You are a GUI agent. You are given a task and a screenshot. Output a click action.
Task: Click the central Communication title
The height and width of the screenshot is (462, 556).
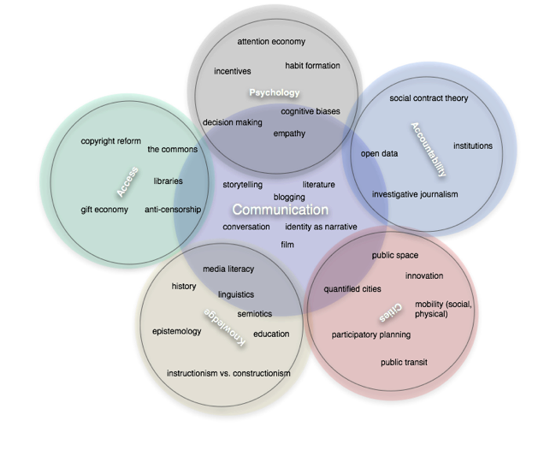point(280,210)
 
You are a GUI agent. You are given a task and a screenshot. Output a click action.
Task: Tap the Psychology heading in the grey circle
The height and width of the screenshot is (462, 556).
point(275,92)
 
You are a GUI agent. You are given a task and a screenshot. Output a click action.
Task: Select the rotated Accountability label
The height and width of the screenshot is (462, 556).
point(429,149)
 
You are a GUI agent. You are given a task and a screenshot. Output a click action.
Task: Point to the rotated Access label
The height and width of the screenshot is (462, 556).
point(127,181)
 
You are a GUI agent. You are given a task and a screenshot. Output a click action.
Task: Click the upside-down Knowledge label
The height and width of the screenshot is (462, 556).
point(225,327)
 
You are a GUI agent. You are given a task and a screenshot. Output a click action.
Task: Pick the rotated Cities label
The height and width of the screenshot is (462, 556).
point(391,313)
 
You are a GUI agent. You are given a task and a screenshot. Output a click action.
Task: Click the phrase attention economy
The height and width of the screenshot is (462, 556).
point(271,41)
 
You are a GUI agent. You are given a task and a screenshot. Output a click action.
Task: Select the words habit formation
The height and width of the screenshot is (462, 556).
point(312,66)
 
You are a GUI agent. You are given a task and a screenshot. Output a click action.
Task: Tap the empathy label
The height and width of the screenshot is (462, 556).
point(289,133)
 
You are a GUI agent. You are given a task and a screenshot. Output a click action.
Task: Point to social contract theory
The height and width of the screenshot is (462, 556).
point(429,98)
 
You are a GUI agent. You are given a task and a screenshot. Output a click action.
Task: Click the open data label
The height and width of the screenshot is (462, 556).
point(379,154)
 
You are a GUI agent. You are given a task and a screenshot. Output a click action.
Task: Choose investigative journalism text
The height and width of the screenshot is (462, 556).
point(415,194)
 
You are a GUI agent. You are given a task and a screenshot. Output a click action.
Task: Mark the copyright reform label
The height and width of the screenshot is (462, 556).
point(110,141)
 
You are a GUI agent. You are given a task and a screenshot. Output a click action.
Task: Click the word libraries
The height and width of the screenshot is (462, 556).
point(168,181)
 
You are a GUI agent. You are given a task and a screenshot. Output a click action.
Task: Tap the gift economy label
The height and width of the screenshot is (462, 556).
point(104,210)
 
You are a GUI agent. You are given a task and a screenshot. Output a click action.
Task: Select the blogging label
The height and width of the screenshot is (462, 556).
point(289,197)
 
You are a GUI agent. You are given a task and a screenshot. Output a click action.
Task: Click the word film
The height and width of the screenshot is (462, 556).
point(287,245)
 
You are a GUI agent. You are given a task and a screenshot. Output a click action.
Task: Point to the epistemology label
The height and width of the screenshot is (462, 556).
point(176,331)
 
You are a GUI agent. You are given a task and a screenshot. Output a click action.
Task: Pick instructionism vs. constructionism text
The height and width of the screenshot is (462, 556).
point(228,373)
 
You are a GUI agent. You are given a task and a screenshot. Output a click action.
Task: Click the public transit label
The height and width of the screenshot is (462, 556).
point(404,363)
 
